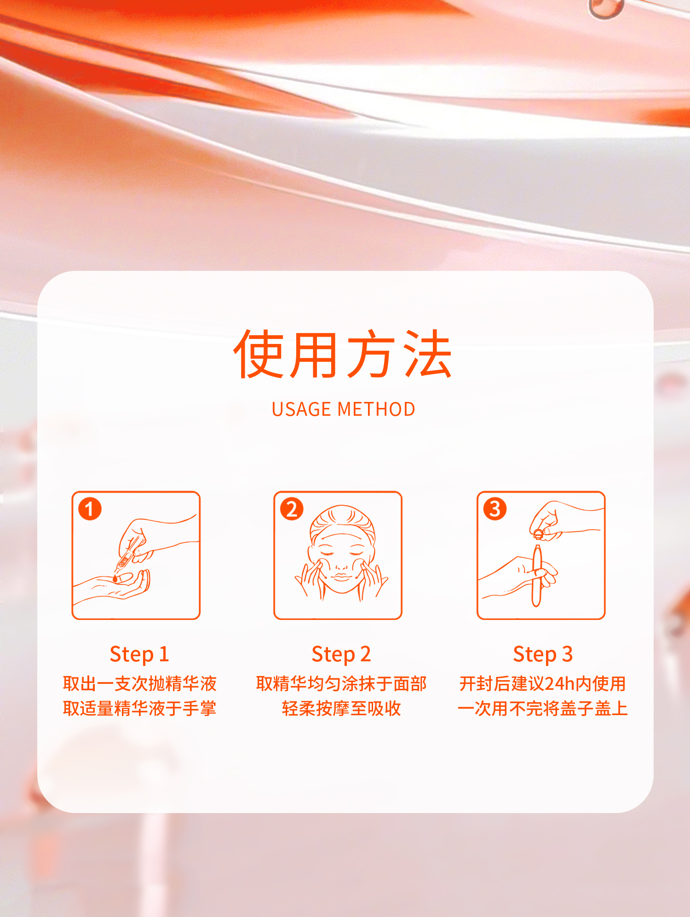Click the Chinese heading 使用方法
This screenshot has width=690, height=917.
343,354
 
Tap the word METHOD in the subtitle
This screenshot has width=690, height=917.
376,409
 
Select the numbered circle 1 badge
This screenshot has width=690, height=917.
90,509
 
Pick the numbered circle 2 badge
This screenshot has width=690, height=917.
292,509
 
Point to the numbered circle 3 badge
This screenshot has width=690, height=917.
495,509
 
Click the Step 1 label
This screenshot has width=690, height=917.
139,654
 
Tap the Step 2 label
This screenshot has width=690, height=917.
341,654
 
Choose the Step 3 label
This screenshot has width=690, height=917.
543,654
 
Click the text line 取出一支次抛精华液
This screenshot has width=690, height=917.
139,684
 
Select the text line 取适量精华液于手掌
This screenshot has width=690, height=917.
139,709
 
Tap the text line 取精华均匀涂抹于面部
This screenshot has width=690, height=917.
341,684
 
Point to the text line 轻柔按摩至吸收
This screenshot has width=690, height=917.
341,709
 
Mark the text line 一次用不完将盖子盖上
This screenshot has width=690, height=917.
543,709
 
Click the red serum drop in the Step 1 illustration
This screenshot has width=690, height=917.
115,578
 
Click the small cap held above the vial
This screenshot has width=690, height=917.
538,533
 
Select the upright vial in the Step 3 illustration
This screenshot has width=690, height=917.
537,575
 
